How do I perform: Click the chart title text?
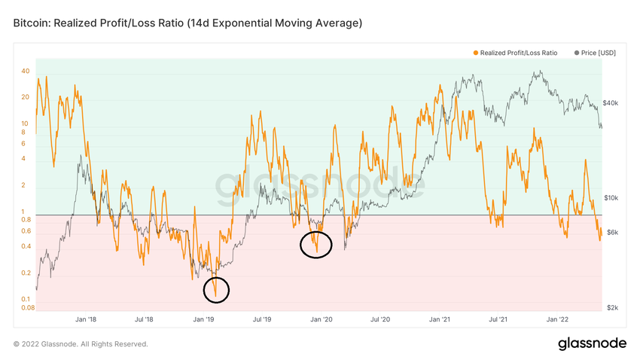pyautogui.click(x=187, y=23)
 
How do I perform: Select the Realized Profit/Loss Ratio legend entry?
pyautogui.click(x=518, y=53)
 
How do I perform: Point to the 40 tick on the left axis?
pyautogui.click(x=25, y=72)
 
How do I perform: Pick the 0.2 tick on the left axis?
pyautogui.click(x=25, y=273)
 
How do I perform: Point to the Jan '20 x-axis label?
pyautogui.click(x=322, y=319)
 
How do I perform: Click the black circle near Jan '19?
pyautogui.click(x=216, y=290)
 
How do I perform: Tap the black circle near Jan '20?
pyautogui.click(x=315, y=245)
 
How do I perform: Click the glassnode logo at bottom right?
pyautogui.click(x=592, y=344)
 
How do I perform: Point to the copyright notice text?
pyautogui.click(x=81, y=344)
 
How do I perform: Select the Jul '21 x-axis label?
pyautogui.click(x=498, y=319)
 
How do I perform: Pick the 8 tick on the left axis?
pyautogui.click(x=25, y=132)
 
